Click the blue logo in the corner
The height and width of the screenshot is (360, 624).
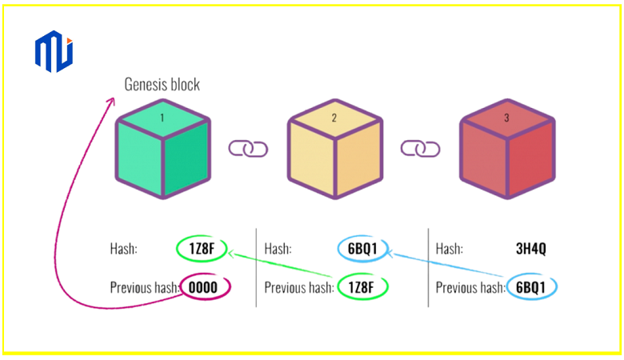pyautogui.click(x=54, y=50)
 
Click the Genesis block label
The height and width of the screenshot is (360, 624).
pyautogui.click(x=162, y=84)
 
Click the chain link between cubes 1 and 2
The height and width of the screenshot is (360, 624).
pyautogui.click(x=248, y=149)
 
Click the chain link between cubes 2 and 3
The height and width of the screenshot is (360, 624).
pyautogui.click(x=420, y=149)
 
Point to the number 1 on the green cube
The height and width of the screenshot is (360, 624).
pyautogui.click(x=162, y=118)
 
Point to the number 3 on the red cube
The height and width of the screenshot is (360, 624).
pyautogui.click(x=506, y=118)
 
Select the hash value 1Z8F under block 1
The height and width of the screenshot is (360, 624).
pyautogui.click(x=201, y=249)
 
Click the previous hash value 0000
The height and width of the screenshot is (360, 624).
pyautogui.click(x=205, y=286)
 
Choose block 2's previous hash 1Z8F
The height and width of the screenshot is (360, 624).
pyautogui.click(x=362, y=286)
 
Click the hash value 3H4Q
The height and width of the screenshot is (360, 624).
pyautogui.click(x=530, y=249)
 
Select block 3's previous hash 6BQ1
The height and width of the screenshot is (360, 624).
pyautogui.click(x=531, y=286)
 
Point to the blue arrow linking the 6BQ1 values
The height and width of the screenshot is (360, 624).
pyautogui.click(x=448, y=266)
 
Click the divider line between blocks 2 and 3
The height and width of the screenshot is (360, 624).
pyautogui.click(x=429, y=268)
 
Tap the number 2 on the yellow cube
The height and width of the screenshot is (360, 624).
pyautogui.click(x=334, y=118)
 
